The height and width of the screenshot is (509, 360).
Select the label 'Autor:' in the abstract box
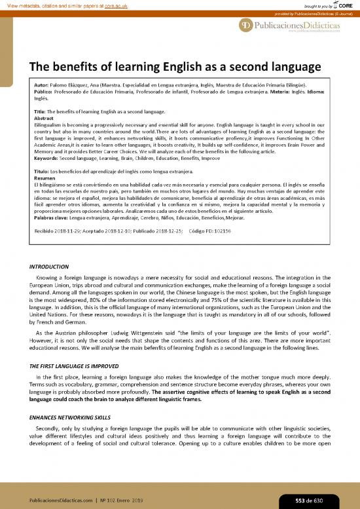[x=42, y=85]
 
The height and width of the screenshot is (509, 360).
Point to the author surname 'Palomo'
[x=64, y=85]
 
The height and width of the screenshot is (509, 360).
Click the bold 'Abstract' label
[x=44, y=117]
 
